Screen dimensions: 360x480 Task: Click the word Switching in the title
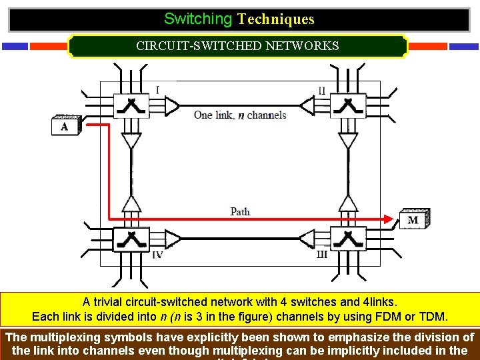tap(198, 19)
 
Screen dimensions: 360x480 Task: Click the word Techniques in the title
tap(275, 19)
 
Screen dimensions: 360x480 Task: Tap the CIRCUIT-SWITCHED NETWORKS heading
tap(237, 46)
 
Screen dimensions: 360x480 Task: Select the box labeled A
tap(65, 127)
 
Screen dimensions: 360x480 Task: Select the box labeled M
tap(413, 219)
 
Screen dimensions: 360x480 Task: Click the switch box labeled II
tap(347, 105)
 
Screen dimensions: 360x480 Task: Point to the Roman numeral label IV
tap(157, 255)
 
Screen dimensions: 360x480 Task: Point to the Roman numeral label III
tap(321, 255)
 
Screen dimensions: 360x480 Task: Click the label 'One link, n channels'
tap(240, 115)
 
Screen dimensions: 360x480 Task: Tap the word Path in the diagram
tap(240, 211)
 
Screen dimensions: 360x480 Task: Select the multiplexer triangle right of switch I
tap(171, 105)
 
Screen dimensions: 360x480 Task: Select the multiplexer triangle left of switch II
tap(307, 105)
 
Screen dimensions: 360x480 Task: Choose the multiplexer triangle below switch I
tap(131, 141)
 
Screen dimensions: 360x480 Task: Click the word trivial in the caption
tap(111, 302)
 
